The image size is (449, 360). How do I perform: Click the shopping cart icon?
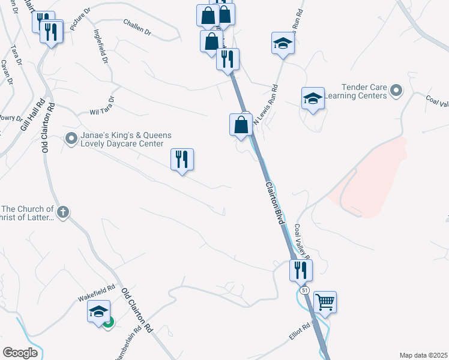(325, 302)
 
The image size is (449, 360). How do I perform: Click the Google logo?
(20, 352)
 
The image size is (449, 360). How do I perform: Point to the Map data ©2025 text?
(423, 355)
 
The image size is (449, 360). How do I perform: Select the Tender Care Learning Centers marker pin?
(396, 91)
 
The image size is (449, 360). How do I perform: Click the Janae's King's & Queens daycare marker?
(71, 139)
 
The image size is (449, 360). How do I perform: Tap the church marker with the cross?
(63, 212)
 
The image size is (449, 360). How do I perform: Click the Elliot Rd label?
(298, 332)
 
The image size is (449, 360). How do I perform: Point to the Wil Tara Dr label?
(101, 106)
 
